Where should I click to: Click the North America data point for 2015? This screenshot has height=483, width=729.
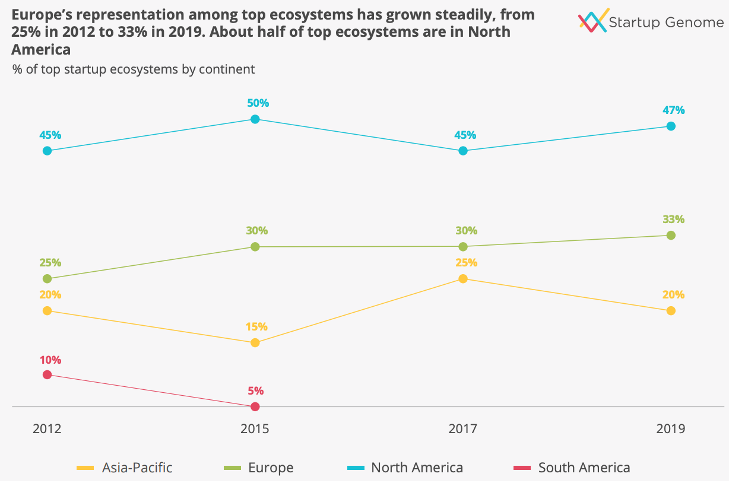coord(255,119)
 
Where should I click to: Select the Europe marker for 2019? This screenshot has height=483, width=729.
coord(671,235)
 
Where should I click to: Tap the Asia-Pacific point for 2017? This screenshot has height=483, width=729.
coord(463,279)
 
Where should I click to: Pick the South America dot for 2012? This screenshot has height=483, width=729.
coord(47,374)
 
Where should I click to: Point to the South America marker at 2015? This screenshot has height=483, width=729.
coord(255,406)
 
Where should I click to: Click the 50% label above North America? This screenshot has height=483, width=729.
coord(258,103)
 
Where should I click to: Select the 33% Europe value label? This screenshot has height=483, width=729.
coord(674,219)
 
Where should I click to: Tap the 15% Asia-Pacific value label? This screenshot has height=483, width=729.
coord(256,326)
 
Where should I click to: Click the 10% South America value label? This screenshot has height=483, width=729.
coord(50,360)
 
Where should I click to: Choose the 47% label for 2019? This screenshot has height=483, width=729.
coord(674,110)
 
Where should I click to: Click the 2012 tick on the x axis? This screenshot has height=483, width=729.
coord(47,428)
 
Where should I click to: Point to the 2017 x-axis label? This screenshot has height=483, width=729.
coord(463,428)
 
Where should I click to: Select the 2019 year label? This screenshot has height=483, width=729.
coord(671,428)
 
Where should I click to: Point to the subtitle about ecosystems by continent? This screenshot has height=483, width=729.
coord(134,69)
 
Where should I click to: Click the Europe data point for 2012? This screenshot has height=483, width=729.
coord(47,279)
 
